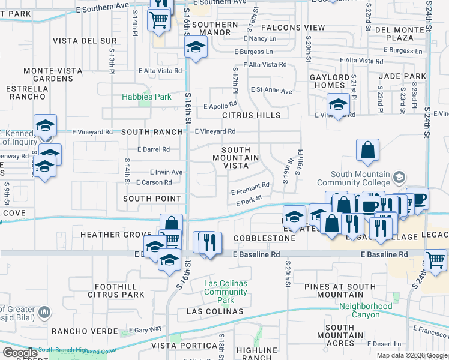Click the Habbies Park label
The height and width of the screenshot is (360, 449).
tap(147, 97)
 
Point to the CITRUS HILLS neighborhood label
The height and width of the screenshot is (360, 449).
tap(251, 115)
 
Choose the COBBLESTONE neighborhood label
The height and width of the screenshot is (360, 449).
tap(266, 238)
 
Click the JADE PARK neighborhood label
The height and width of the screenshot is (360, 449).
tap(402, 77)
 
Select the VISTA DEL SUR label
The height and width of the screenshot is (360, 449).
tap(85, 41)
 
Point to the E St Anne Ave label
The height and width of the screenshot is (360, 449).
tap(271, 91)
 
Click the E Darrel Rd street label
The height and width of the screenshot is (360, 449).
tap(154, 149)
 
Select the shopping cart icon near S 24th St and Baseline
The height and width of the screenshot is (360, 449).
tap(436, 260)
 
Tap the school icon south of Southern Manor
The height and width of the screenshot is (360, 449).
tap(196, 46)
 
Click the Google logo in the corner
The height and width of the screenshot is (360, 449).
tap(20, 353)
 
